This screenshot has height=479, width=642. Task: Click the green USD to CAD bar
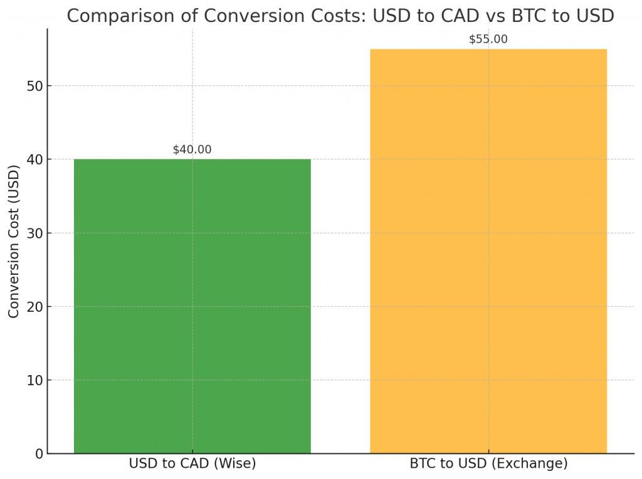pos(192,306)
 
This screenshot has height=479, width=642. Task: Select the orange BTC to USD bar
pos(488,251)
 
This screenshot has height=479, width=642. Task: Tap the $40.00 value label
pos(192,150)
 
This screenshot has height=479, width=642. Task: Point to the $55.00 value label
pos(488,39)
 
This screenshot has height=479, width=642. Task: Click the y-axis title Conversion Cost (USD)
pos(14,241)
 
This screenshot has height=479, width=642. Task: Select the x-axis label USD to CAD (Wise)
pos(192,464)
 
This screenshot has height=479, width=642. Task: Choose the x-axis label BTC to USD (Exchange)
pos(488,464)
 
